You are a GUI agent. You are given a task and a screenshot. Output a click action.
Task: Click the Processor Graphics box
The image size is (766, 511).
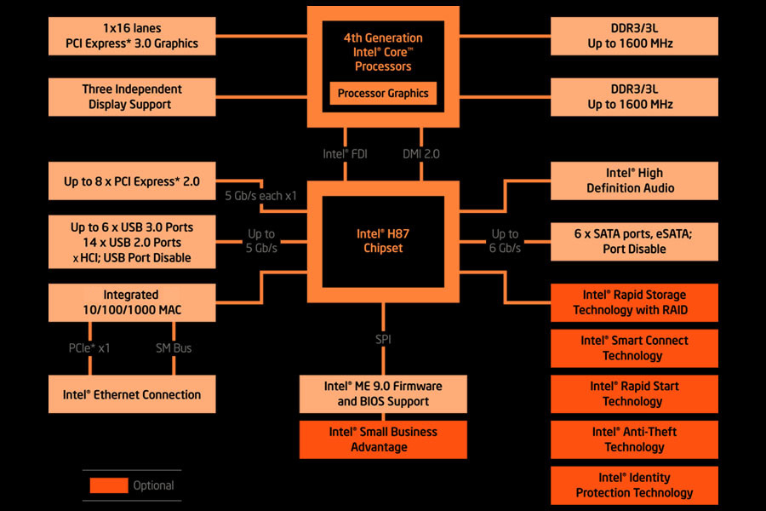[383, 94]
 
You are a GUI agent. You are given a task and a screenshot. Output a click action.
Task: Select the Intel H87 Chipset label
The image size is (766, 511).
[383, 240]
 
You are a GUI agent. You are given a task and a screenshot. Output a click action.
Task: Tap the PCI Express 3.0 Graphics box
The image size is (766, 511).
[131, 36]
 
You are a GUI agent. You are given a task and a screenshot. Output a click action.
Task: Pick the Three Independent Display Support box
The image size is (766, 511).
[131, 97]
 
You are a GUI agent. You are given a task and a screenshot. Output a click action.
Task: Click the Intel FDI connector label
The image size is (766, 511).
[346, 154]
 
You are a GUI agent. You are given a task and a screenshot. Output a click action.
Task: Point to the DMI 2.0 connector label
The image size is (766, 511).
[421, 154]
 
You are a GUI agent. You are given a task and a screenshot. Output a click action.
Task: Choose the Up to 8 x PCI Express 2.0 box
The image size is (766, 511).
[131, 181]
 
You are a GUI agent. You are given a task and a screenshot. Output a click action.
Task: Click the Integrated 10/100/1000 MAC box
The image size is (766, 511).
[131, 302]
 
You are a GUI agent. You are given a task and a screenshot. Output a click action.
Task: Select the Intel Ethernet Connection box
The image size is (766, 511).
[131, 394]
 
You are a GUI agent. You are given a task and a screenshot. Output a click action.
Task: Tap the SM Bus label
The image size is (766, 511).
[174, 347]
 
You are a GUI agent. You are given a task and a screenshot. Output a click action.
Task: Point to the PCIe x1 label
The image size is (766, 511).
[89, 347]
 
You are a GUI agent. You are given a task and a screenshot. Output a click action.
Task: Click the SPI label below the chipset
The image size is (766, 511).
[383, 339]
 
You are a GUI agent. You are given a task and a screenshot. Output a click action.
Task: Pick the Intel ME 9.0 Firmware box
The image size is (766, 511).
[383, 393]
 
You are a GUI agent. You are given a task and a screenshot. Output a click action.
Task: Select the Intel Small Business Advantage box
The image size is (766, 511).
[383, 439]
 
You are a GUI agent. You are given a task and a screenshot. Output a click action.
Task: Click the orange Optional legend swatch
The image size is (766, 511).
[108, 485]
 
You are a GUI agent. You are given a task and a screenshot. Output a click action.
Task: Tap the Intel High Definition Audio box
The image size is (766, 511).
[634, 181]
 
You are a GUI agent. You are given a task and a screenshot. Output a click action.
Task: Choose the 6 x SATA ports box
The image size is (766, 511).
[634, 241]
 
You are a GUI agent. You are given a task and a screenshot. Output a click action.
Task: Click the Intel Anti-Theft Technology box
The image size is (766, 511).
[634, 439]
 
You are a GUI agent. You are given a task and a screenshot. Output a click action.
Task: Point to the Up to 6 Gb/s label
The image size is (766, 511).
[505, 240]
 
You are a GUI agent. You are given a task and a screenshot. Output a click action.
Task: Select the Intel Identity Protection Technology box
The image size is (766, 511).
[634, 485]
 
